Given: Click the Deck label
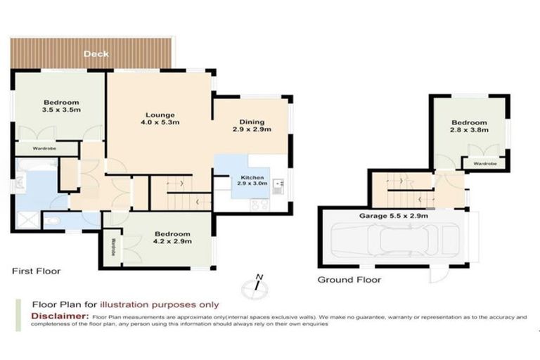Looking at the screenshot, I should coord(96,54).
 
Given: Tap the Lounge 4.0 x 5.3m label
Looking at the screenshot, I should coord(160,118).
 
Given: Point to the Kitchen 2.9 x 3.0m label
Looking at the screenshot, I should coord(252,180).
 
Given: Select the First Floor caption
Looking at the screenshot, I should coord(36,271).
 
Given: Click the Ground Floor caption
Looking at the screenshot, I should coord(349,279).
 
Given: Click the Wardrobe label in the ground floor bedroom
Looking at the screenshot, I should coord(484,163).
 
